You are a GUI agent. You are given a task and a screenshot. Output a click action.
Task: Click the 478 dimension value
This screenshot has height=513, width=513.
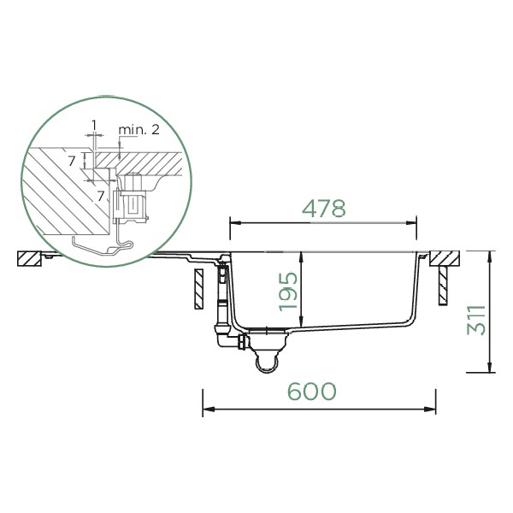[x=323, y=209]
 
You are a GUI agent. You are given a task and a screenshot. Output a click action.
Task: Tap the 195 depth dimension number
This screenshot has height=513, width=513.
[x=288, y=292]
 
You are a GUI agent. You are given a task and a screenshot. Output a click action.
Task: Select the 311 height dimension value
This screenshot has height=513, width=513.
[x=476, y=320]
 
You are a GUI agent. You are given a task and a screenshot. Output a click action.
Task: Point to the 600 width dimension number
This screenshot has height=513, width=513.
[x=311, y=391]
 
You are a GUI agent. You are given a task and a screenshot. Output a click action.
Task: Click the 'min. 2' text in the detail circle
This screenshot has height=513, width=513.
[x=139, y=130]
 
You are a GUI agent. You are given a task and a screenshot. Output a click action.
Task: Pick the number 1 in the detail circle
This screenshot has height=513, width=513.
[x=94, y=125]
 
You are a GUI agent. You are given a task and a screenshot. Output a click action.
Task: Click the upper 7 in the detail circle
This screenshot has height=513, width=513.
[x=72, y=161]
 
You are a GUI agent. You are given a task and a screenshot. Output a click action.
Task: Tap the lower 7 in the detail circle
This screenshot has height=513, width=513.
[x=100, y=196]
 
